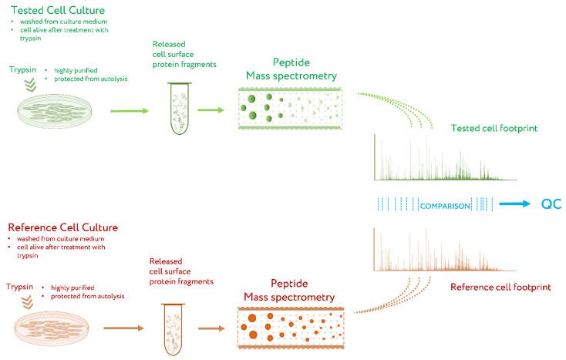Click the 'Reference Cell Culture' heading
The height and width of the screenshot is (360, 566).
point(62,227)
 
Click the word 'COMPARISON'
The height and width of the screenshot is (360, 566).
point(445,205)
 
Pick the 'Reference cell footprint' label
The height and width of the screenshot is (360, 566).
point(500,287)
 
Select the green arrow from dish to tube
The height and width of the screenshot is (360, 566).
point(132,110)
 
